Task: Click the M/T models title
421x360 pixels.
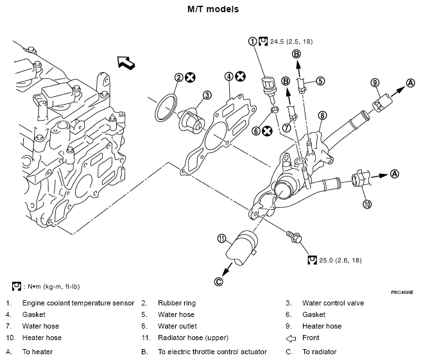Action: point(213,9)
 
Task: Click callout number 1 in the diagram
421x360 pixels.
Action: point(252,41)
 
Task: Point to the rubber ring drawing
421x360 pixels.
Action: point(166,107)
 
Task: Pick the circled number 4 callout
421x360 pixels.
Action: point(228,77)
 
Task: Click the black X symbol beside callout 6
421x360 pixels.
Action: point(267,131)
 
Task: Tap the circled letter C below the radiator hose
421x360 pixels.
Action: point(219,282)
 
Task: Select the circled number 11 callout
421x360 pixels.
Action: point(222,239)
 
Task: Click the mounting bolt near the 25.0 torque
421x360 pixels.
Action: point(295,237)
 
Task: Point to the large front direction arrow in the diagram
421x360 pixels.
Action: point(126,63)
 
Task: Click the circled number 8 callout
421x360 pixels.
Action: point(322,116)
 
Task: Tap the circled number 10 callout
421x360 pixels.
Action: point(367,204)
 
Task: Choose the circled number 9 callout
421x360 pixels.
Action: point(375,83)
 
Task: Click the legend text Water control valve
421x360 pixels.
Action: point(333,303)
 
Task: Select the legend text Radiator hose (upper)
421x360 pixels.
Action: point(193,338)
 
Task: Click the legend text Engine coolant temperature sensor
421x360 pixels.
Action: point(78,303)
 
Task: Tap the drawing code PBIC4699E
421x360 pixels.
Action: point(402,292)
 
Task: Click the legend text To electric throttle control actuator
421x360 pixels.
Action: point(212,352)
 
